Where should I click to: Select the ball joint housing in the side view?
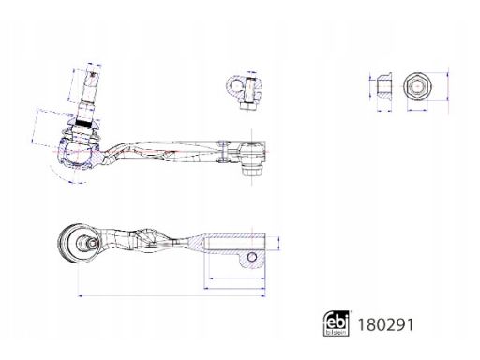(75, 150)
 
